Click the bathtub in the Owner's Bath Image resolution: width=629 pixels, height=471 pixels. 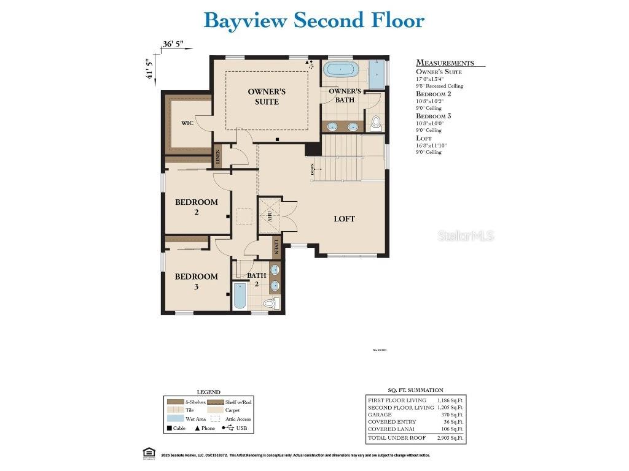[x=340, y=69]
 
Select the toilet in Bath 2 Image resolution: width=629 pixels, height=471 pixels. [x=270, y=303]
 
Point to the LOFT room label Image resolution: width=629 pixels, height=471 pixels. [x=344, y=219]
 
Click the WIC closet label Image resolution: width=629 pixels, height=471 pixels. [x=187, y=123]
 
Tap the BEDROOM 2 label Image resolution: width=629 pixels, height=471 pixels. [x=197, y=207]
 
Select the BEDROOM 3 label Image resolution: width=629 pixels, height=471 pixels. [x=197, y=281]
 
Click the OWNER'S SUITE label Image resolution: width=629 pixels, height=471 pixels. [x=267, y=96]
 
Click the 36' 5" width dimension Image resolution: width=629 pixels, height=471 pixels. [x=173, y=44]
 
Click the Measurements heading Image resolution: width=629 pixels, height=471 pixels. [x=445, y=63]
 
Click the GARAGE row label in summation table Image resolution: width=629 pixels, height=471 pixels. [x=380, y=415]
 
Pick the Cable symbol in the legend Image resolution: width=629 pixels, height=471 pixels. [x=168, y=428]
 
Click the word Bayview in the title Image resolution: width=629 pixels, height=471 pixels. [x=245, y=20]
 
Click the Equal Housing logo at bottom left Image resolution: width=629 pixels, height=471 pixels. [x=147, y=454]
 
